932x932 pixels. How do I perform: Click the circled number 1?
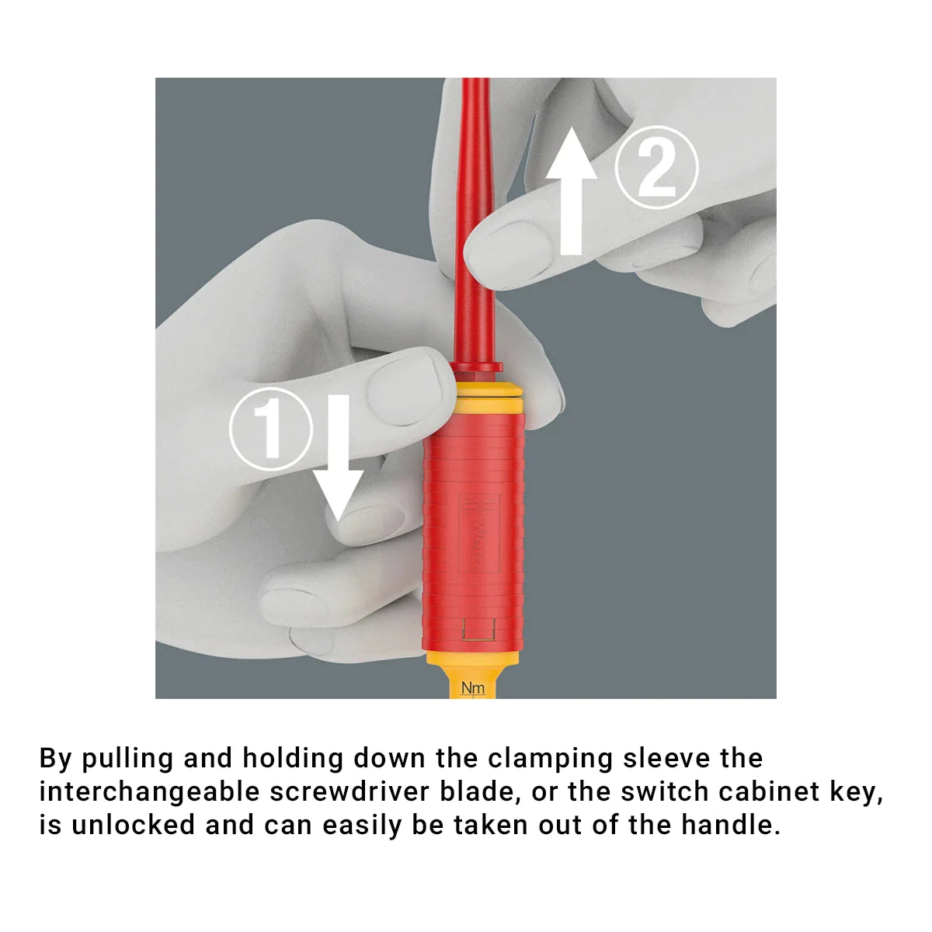coord(270,429)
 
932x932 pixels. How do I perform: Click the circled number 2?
coord(656,167)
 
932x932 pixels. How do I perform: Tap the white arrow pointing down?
coord(338,457)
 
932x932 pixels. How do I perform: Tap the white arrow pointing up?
coord(571,190)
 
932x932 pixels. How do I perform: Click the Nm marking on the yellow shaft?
coord(472,688)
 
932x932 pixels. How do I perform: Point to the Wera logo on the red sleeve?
coord(478,533)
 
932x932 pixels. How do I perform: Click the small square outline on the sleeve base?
coord(478,629)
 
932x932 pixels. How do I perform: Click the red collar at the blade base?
coord(475,367)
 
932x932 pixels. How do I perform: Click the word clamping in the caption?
coord(551,760)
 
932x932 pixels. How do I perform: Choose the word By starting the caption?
coord(55,760)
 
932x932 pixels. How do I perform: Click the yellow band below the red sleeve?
coord(472,657)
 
